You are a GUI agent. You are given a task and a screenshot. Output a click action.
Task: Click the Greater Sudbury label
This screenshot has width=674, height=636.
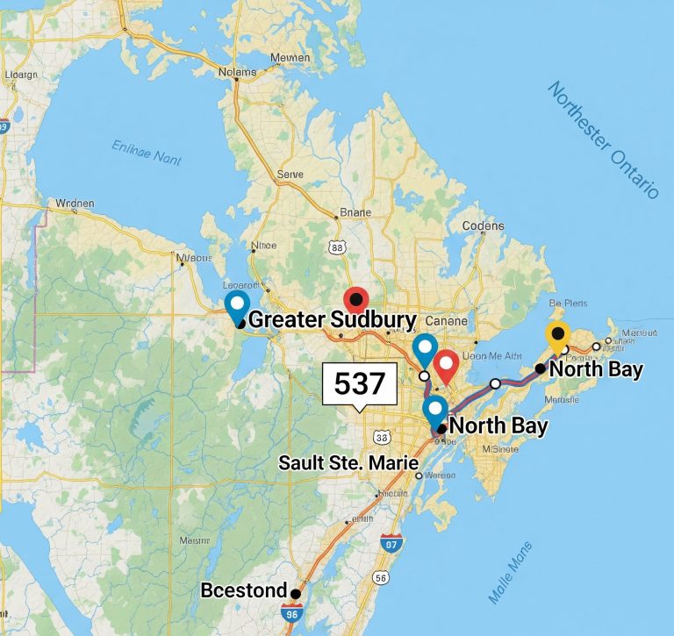pos(332,319)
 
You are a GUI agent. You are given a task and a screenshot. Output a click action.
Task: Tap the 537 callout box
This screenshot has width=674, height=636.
pos(360,384)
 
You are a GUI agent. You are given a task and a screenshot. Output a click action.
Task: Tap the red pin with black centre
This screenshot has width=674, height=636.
pos(355,300)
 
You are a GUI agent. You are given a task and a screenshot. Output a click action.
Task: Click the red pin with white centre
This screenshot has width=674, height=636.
pos(446,365)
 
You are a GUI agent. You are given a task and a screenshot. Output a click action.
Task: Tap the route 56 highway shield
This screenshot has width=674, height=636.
pos(380,578)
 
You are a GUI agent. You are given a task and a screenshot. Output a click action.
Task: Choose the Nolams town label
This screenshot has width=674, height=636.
pos(237,72)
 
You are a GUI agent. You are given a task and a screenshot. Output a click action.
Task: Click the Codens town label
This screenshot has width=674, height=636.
pos(482,225)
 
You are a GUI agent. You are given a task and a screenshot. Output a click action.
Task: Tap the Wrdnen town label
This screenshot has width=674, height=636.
pos(75,204)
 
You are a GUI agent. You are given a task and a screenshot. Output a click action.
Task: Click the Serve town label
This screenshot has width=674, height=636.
pos(290,175)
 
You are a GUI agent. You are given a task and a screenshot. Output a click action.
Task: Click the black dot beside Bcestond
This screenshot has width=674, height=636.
pos(296,594)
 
